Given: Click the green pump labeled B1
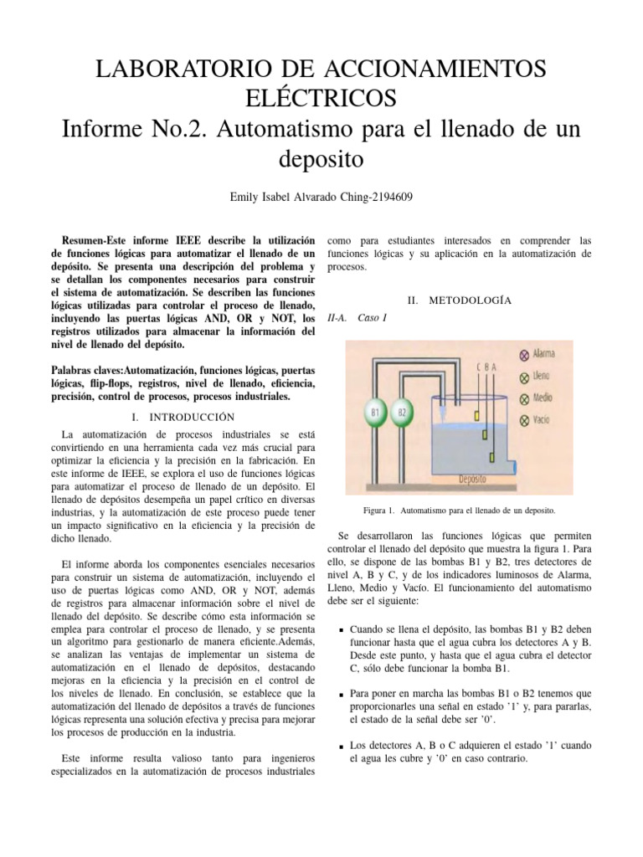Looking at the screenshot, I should (377, 412).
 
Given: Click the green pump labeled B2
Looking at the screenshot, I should (402, 412).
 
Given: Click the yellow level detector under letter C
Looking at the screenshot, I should (474, 413).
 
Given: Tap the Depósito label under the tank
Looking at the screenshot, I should (473, 480).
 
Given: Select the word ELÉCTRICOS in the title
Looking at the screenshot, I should (321, 98).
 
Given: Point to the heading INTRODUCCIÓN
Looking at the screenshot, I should (192, 416).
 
